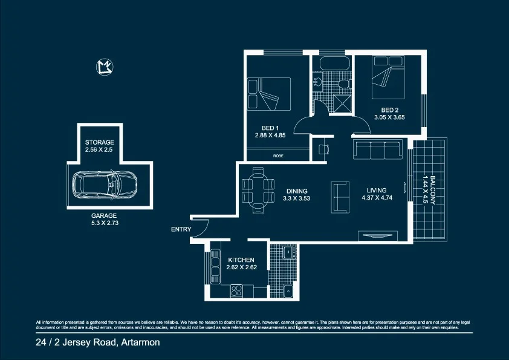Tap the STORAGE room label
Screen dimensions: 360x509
point(99,142)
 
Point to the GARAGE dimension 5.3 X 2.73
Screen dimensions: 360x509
point(104,223)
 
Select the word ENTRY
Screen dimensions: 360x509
point(181,229)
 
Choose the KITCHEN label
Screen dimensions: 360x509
point(241,260)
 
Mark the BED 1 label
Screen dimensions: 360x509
point(270,128)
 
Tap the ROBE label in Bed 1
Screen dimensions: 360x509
point(278,156)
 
